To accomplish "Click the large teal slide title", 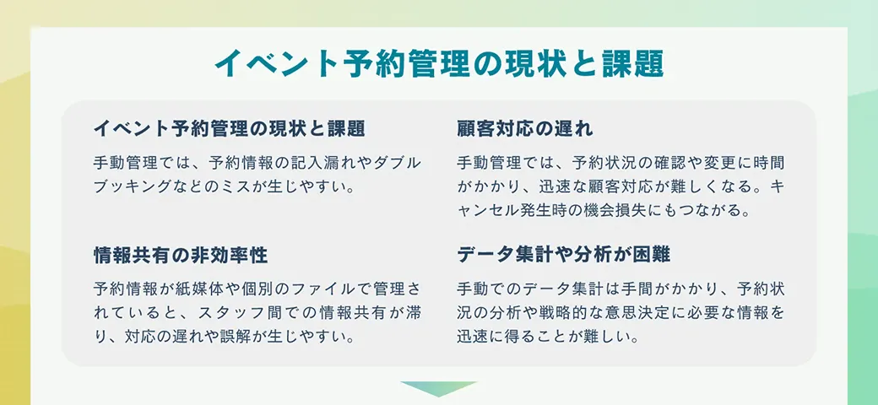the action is tap(439, 64).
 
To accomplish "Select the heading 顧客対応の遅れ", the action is tap(524, 129).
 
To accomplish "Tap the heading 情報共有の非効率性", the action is tap(181, 255).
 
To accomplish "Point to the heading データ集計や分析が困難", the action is tap(563, 255).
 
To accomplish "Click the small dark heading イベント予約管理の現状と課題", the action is tap(229, 129).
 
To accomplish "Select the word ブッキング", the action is tap(132, 186).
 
